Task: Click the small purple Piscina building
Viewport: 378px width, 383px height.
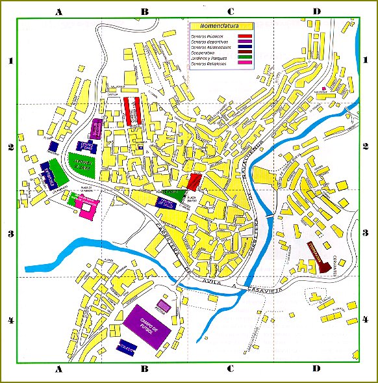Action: [x=164, y=304]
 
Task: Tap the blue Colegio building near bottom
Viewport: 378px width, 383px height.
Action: [x=126, y=349]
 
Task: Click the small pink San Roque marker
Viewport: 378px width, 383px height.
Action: [x=323, y=88]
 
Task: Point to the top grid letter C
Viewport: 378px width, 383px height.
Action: [x=230, y=10]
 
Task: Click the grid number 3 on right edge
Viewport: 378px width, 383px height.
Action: [x=369, y=233]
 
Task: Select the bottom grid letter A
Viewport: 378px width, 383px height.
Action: [x=58, y=369]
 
